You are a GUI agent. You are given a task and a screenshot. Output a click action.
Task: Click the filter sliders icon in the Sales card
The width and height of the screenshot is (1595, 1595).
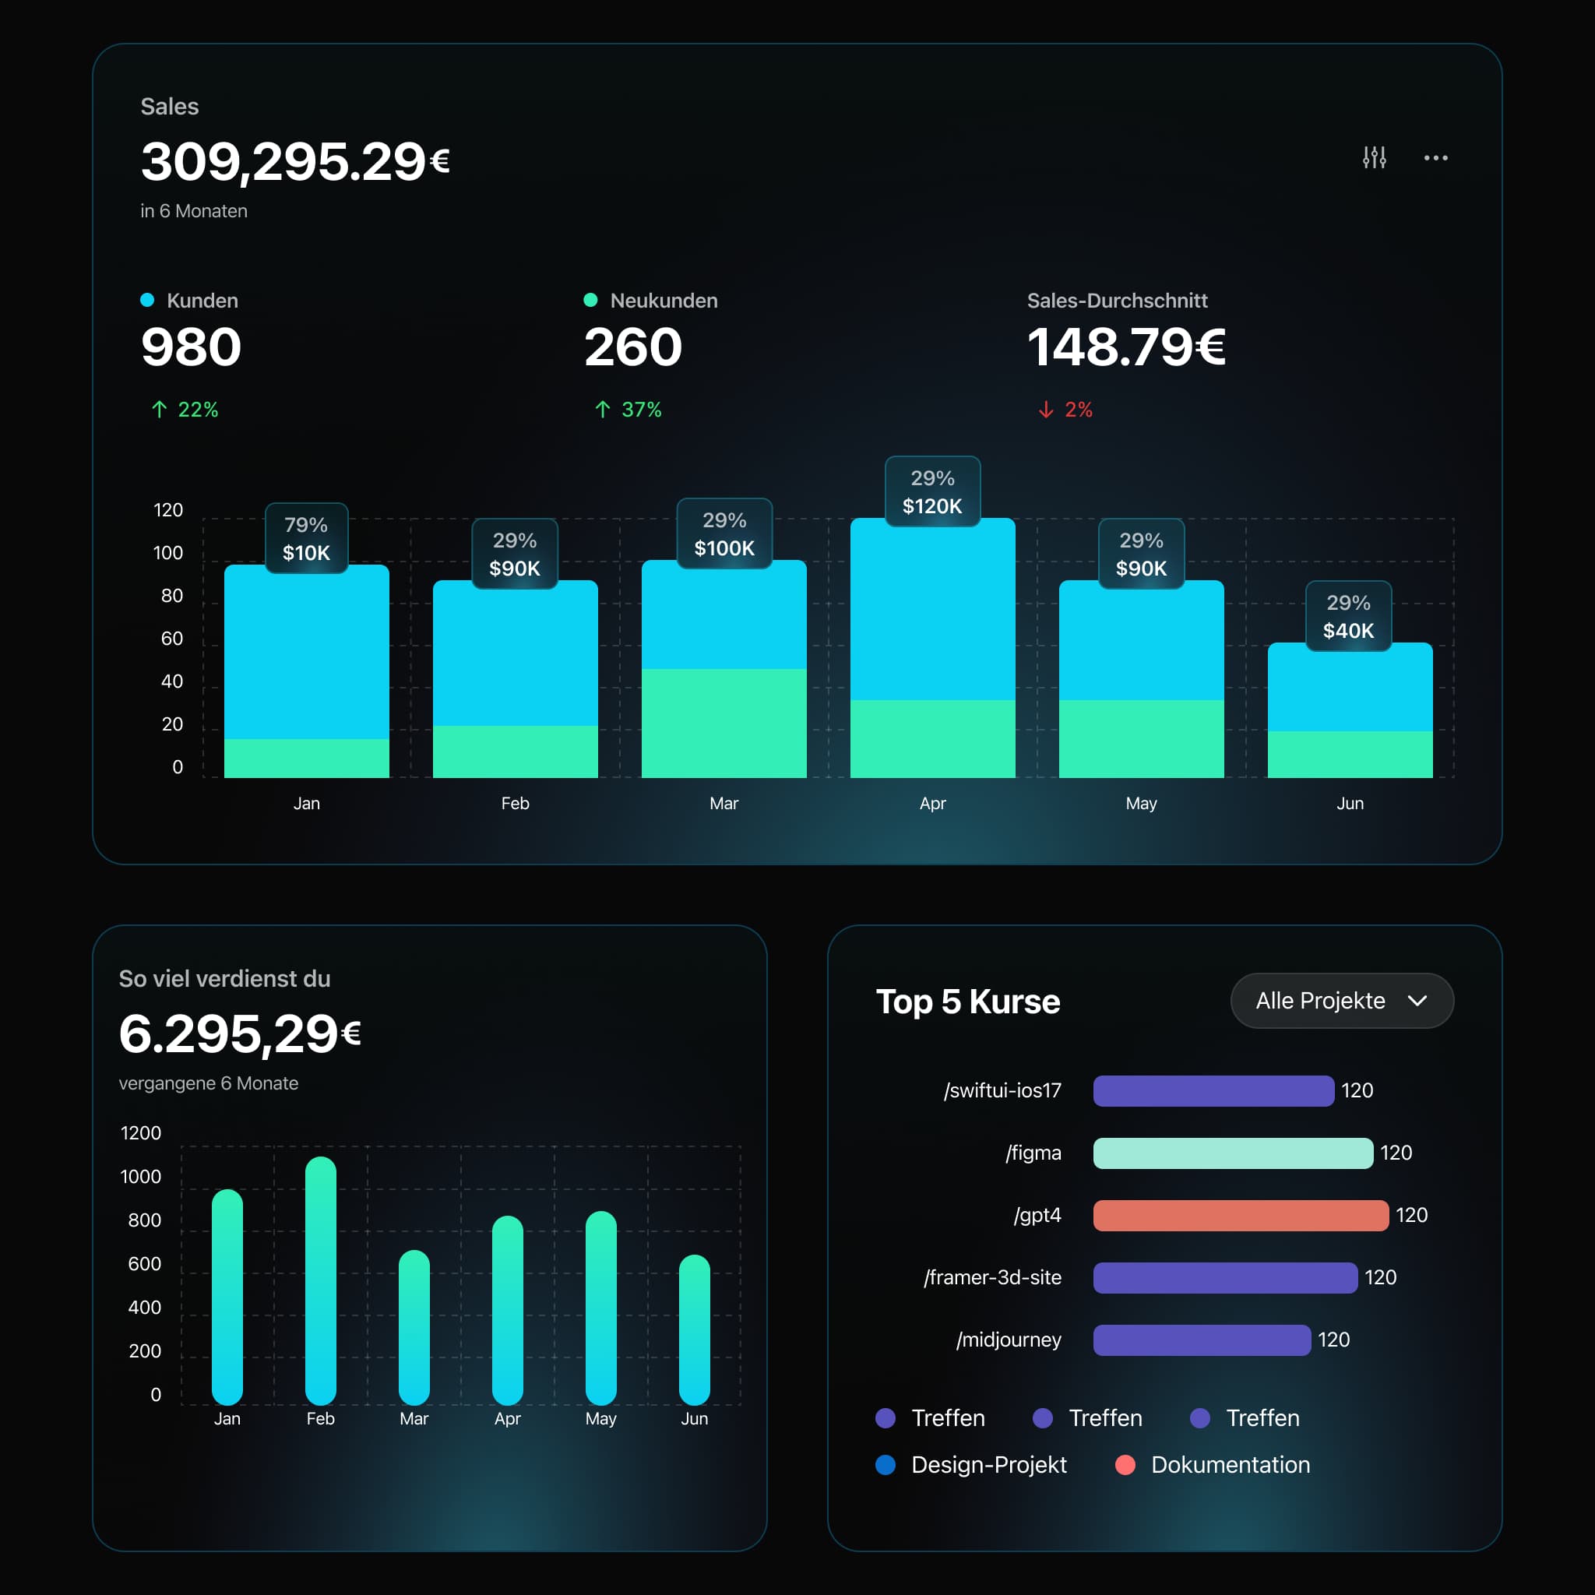[1374, 157]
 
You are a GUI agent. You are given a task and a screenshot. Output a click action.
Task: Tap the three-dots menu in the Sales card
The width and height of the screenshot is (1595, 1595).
[1435, 157]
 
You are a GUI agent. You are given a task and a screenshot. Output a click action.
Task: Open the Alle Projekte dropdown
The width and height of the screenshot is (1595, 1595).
[1342, 1001]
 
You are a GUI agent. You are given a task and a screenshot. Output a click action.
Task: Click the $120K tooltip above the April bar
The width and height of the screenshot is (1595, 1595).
[932, 492]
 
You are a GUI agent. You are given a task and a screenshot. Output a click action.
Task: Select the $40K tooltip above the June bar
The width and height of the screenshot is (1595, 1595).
[1348, 617]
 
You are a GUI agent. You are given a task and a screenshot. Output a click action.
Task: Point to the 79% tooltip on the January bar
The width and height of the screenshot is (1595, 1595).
[306, 538]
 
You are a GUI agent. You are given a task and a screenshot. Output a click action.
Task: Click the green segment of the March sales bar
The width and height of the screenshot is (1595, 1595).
[724, 723]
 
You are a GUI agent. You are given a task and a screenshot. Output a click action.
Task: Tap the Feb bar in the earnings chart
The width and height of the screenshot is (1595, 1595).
[320, 1280]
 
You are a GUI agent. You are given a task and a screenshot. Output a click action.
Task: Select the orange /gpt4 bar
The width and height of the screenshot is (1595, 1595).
[1240, 1215]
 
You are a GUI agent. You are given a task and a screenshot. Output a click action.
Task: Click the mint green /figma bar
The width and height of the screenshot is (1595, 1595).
[1233, 1153]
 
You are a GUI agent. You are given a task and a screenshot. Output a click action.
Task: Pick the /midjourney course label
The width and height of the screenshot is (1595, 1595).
[1008, 1339]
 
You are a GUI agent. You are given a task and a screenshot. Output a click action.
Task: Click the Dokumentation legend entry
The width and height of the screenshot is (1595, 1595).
[1229, 1465]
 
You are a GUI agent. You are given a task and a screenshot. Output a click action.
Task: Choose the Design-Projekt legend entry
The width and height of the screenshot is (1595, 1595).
[988, 1465]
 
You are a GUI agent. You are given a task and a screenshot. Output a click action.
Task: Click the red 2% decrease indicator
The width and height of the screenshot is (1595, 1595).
[1066, 410]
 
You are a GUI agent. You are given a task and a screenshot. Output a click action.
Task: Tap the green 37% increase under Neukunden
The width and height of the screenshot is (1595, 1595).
[628, 410]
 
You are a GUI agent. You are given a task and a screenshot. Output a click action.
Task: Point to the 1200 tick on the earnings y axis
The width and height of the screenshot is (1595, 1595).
[140, 1132]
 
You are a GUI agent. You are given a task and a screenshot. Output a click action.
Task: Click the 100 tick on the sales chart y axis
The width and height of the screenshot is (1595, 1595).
[167, 553]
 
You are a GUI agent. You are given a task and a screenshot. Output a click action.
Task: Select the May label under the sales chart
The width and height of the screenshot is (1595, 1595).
[1141, 803]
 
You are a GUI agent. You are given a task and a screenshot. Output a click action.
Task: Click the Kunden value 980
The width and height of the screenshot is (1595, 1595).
[191, 347]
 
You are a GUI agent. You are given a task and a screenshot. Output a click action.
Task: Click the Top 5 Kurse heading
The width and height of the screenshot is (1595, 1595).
[967, 1002]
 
